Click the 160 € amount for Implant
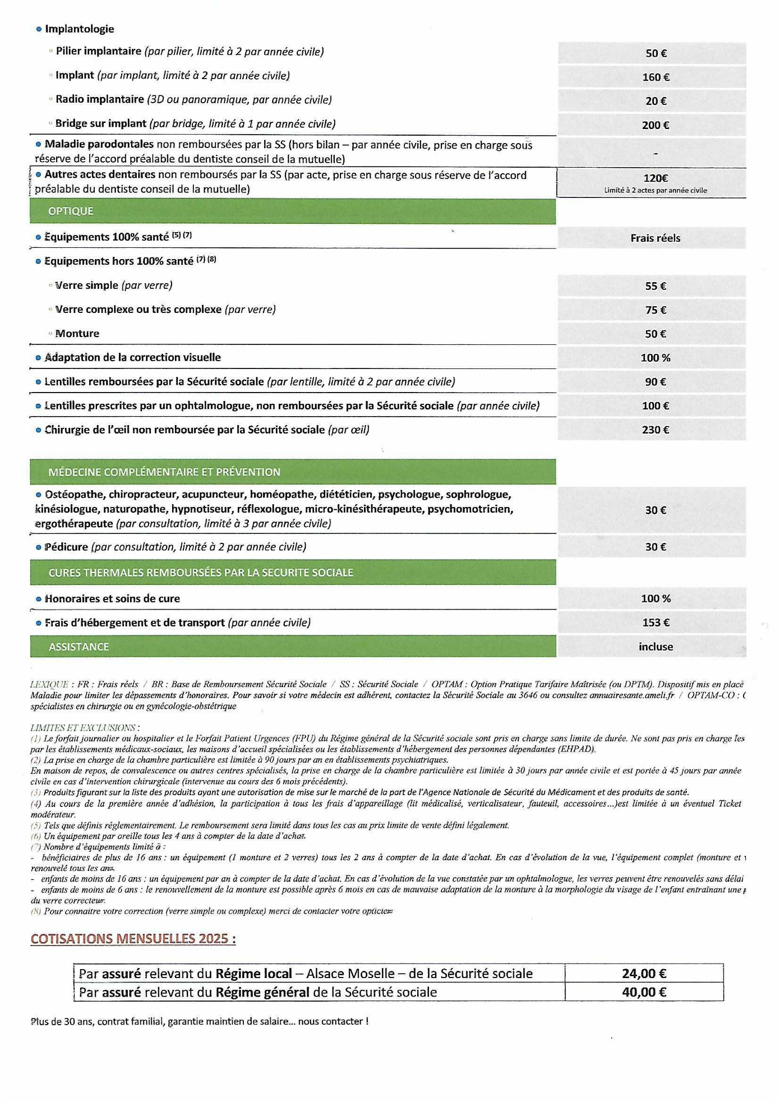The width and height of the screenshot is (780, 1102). (656, 77)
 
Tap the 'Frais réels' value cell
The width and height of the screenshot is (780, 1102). (655, 238)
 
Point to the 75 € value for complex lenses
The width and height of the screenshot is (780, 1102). (655, 310)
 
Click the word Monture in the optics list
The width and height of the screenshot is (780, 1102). (77, 334)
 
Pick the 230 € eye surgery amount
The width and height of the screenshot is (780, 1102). (655, 430)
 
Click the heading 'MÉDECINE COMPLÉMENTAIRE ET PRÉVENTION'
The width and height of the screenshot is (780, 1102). (164, 472)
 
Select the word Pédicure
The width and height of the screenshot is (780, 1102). (66, 547)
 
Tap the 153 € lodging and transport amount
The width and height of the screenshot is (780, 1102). (655, 623)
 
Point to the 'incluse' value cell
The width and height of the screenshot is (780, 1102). (656, 647)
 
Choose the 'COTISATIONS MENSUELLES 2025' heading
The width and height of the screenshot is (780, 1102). (133, 939)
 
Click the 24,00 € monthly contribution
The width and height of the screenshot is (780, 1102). (644, 974)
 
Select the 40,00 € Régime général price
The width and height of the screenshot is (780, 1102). (644, 992)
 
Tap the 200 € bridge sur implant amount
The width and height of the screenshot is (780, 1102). (656, 126)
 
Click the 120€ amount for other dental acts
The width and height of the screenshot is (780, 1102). (655, 178)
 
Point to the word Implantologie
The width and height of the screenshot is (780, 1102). (79, 29)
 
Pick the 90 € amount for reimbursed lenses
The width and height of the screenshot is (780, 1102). (655, 382)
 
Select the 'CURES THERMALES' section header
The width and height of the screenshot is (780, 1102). (201, 573)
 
